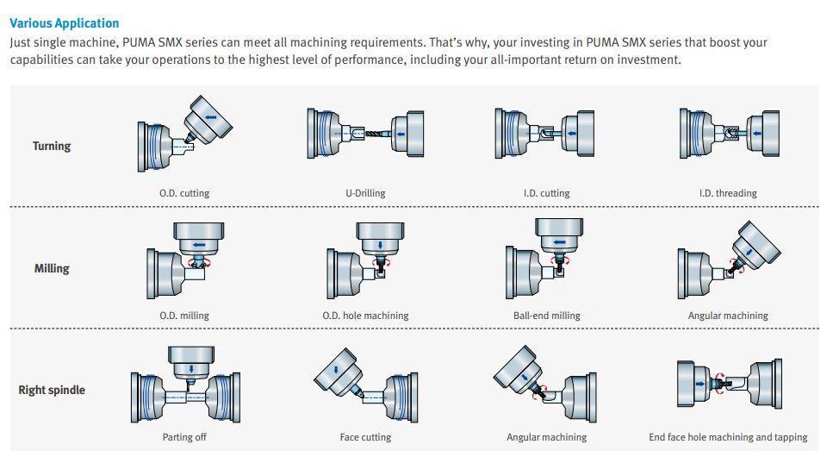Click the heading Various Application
[65, 23]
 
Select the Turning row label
[52, 147]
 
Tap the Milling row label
[52, 268]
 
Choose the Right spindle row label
[52, 391]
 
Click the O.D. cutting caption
[184, 193]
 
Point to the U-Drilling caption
[365, 193]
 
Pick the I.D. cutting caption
[547, 193]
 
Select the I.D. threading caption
[728, 193]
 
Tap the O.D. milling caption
[184, 316]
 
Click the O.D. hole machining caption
[365, 316]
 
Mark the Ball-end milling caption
[547, 316]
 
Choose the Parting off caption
[184, 437]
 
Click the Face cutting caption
[365, 437]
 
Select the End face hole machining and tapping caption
[728, 437]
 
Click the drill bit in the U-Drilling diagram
[377, 134]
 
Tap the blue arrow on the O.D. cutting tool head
[211, 117]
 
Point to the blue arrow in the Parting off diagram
[191, 369]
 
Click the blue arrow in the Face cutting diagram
[336, 370]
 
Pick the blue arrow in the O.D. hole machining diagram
[380, 245]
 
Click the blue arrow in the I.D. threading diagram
[757, 134]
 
